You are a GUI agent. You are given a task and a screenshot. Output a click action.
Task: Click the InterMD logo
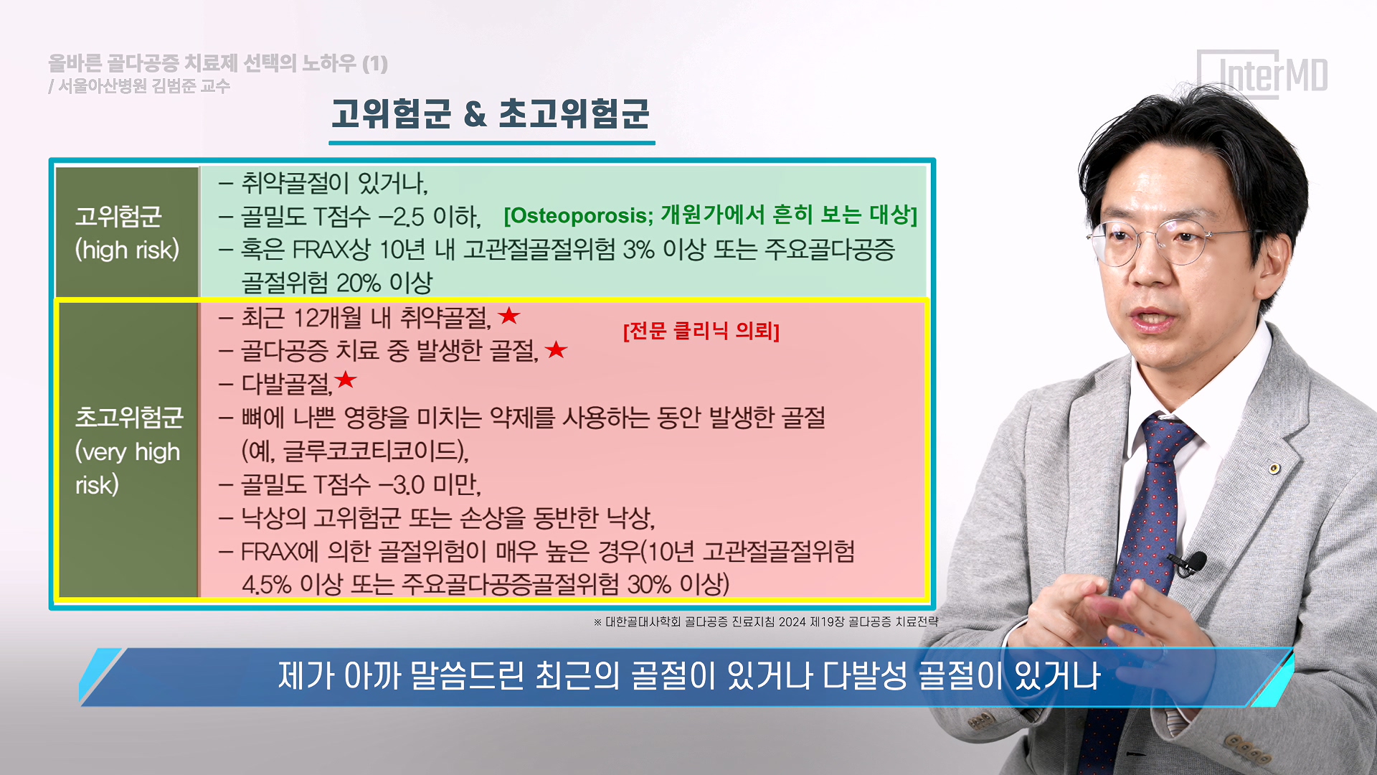click(x=1263, y=74)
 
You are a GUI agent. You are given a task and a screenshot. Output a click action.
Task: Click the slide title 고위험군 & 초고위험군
click(x=491, y=114)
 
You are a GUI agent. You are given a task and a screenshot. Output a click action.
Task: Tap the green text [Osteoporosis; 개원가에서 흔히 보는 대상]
click(x=710, y=215)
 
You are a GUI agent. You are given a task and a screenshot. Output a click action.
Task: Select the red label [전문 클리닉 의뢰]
click(x=701, y=331)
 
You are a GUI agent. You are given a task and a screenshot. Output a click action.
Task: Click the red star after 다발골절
click(x=346, y=380)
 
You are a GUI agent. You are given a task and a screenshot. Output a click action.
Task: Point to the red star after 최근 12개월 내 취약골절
click(x=509, y=315)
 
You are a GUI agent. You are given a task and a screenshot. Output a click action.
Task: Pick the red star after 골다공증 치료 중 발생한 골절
click(x=556, y=349)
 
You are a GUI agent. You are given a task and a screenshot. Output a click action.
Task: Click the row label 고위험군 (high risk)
click(x=127, y=233)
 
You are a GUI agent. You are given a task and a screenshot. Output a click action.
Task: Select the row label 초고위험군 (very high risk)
click(x=129, y=451)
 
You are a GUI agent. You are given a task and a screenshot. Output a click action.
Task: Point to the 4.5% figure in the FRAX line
click(x=267, y=584)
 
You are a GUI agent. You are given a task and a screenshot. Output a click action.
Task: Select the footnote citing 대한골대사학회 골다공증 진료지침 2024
click(x=766, y=621)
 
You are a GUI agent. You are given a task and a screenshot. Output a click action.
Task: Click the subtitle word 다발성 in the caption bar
click(x=865, y=676)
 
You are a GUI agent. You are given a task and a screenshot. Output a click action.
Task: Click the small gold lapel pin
click(x=1274, y=469)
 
